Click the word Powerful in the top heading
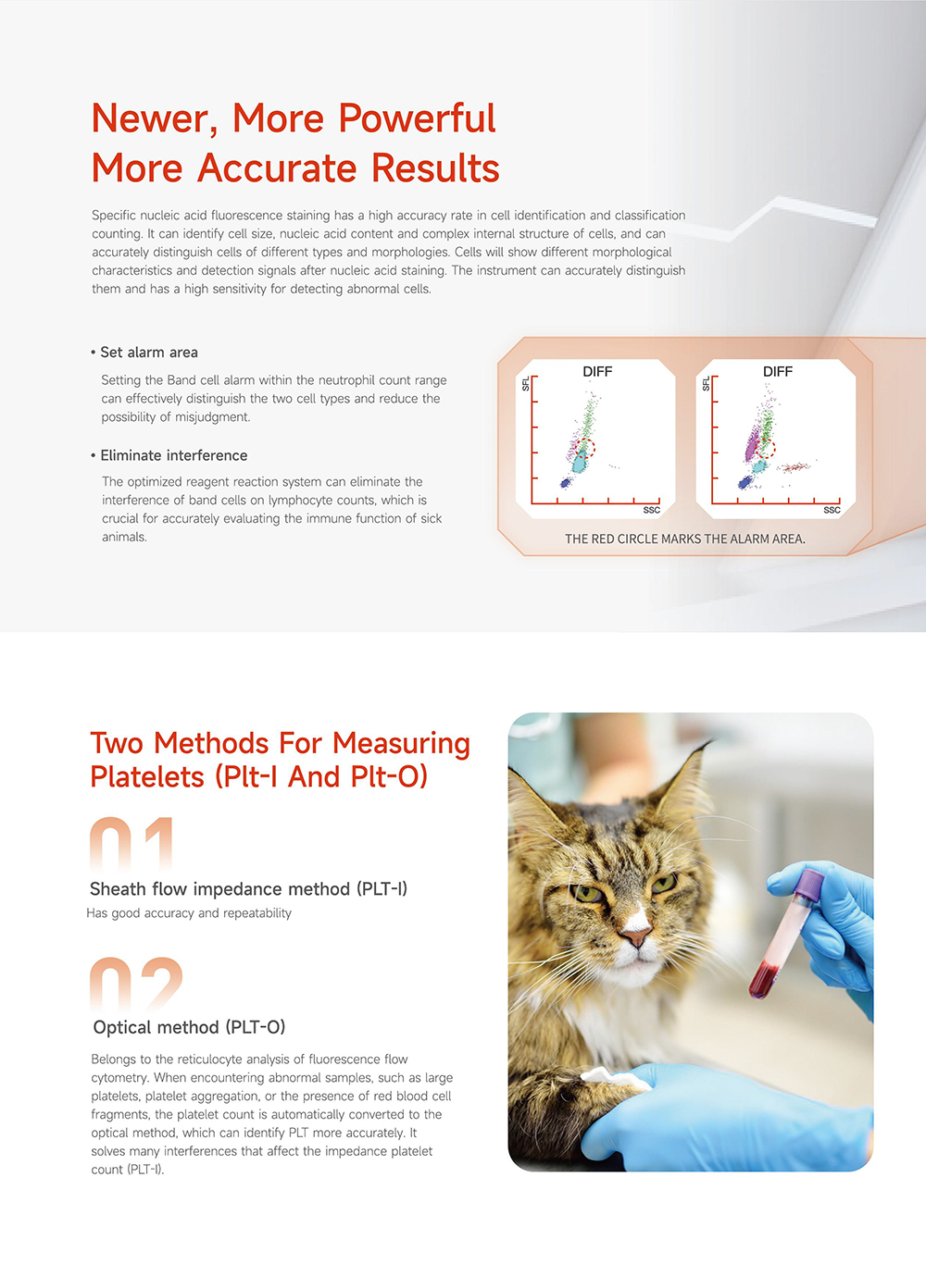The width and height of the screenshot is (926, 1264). tap(418, 118)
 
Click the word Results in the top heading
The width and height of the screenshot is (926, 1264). tap(435, 168)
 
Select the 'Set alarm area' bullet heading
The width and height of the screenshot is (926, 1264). tap(144, 353)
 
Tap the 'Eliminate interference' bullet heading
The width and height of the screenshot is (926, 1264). tap(169, 455)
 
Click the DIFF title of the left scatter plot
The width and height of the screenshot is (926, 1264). tap(597, 372)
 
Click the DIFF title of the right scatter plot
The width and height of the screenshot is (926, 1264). tap(778, 372)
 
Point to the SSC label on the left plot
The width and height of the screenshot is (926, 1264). tap(652, 510)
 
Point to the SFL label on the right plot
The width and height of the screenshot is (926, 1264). tap(706, 384)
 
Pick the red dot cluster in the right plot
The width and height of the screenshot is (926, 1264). tap(795, 467)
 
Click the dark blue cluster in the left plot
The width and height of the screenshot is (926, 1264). tap(566, 482)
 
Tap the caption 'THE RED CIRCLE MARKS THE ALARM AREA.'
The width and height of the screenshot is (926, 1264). tap(685, 539)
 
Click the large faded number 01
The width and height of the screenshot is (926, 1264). tap(131, 845)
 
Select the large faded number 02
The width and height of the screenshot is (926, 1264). tap(136, 985)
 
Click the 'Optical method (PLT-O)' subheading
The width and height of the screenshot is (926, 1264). tap(189, 1027)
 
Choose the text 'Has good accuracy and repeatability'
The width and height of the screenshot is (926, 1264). tap(189, 913)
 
